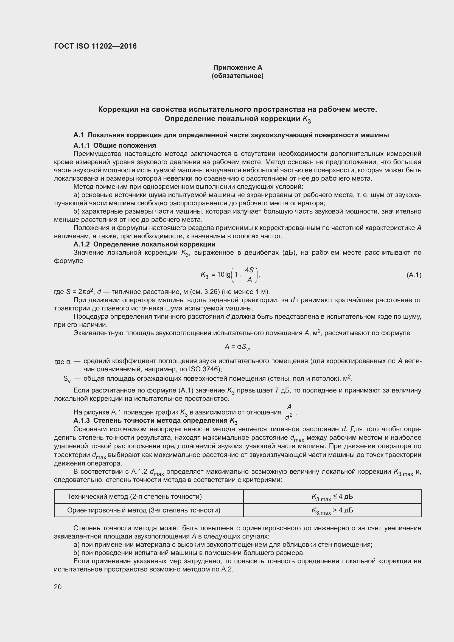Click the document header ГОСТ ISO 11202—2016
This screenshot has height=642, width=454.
(95, 46)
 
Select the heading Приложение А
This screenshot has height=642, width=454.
(238, 68)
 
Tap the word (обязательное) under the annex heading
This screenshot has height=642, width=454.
(238, 76)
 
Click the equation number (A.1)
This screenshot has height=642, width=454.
(414, 275)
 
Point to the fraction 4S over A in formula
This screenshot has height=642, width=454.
(249, 275)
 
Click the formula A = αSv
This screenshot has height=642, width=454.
(237, 347)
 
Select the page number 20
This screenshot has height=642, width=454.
(58, 587)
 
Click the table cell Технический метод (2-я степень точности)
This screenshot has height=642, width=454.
(134, 497)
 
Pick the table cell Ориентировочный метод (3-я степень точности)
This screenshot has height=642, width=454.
(143, 510)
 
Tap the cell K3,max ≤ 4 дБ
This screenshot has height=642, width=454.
(332, 497)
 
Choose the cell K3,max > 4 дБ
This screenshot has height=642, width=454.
(332, 511)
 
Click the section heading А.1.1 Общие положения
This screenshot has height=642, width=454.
(115, 145)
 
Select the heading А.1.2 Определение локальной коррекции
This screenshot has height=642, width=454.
(144, 244)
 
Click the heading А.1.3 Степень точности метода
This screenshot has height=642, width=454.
(155, 421)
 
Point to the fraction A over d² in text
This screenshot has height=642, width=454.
(289, 412)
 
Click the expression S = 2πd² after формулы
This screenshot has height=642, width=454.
(79, 292)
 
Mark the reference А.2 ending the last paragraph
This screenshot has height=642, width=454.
(228, 570)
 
